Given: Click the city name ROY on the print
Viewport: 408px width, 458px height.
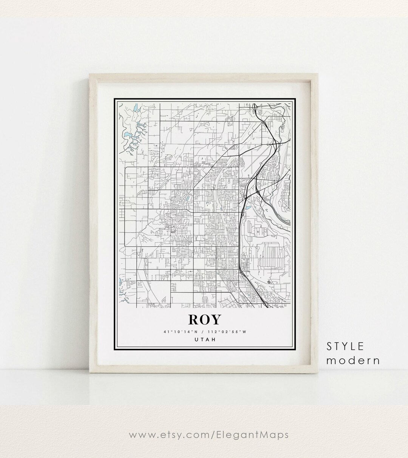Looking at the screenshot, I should (204, 319).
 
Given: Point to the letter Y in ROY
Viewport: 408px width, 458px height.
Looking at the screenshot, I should (215, 320).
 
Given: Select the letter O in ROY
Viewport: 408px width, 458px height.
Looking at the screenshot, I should (204, 320).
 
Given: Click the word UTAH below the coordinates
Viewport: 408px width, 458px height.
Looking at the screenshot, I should (204, 339).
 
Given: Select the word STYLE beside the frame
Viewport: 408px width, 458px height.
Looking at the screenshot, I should (345, 346).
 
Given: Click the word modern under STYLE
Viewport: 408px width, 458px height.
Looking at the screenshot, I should (353, 360).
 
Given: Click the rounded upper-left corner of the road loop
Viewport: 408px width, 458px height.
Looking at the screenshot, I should (126, 169).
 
